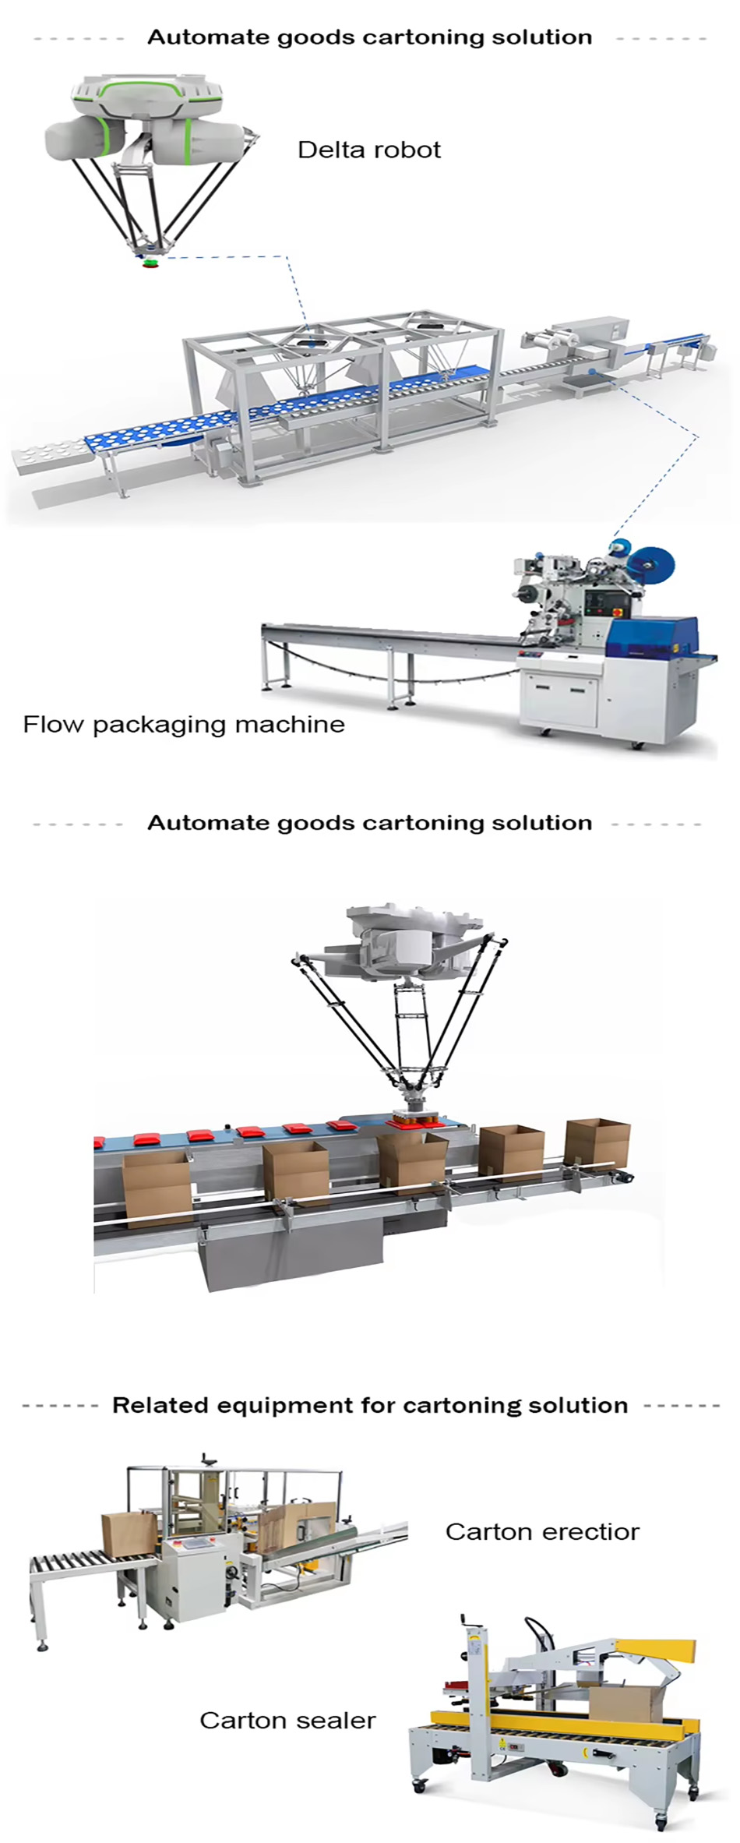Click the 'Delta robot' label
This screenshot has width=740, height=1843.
pyautogui.click(x=368, y=150)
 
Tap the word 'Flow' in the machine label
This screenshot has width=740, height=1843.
pyautogui.click(x=53, y=725)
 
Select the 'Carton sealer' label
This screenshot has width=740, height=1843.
pyautogui.click(x=287, y=1720)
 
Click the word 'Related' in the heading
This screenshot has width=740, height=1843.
pyautogui.click(x=160, y=1405)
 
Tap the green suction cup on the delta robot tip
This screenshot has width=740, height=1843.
pyautogui.click(x=150, y=262)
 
